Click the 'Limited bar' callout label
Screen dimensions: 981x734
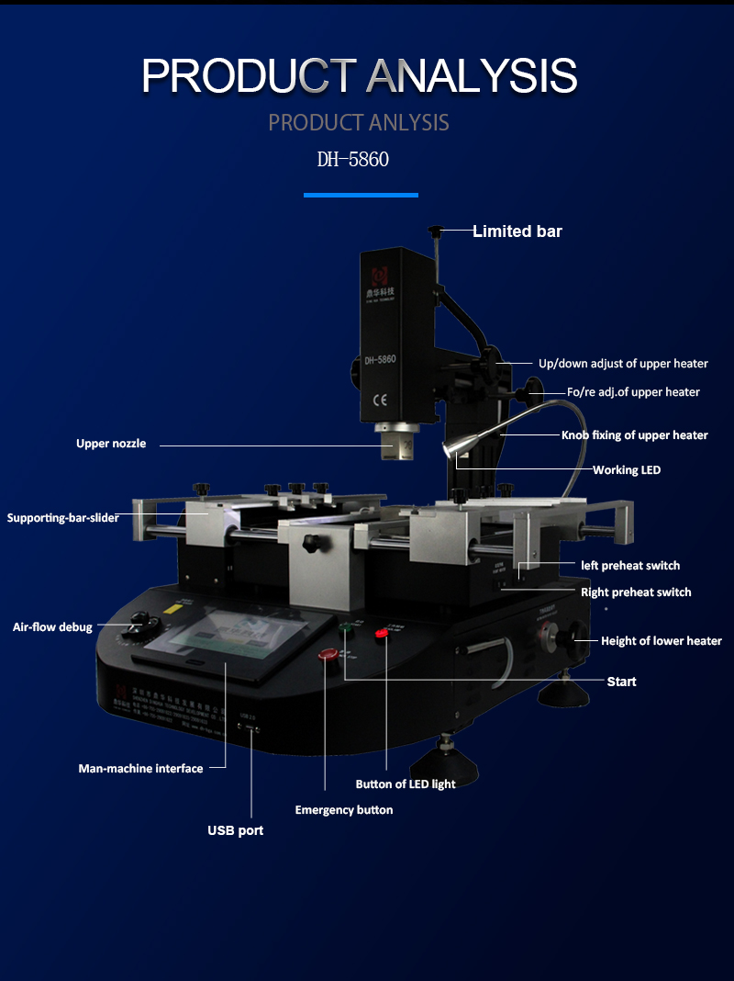[x=517, y=231]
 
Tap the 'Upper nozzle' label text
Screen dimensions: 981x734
[x=110, y=444]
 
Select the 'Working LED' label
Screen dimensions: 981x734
[x=626, y=469]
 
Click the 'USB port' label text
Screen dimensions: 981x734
[x=235, y=830]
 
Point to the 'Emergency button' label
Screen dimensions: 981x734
[x=343, y=809]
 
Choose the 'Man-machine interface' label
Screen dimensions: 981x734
[x=140, y=768]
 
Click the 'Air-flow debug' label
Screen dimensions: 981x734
[x=52, y=626]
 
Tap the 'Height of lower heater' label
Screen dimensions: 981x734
[x=661, y=640]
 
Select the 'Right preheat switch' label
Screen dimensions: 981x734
[x=636, y=592]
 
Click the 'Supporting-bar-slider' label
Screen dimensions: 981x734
[x=63, y=517]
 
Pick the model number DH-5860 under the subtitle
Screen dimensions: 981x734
[x=353, y=160]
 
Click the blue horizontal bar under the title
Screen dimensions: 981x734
[x=361, y=195]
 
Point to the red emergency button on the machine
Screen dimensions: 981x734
[x=327, y=654]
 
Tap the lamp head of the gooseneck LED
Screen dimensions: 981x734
[x=452, y=449]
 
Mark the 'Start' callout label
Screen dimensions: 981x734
[x=621, y=681]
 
